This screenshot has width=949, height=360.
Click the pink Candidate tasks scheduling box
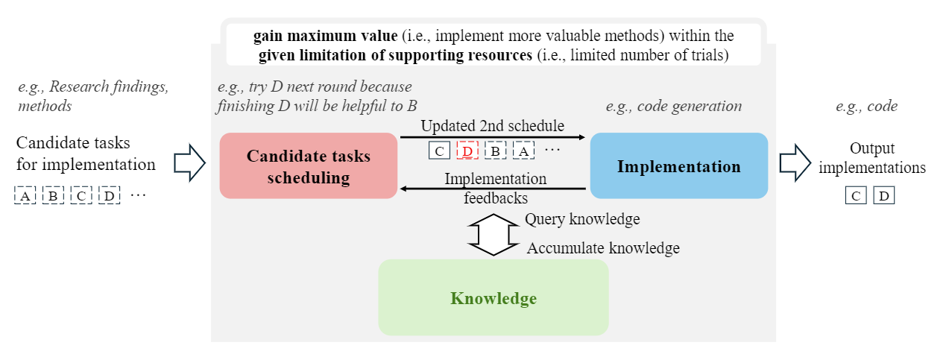pyautogui.click(x=308, y=165)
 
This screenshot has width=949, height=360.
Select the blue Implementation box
pyautogui.click(x=678, y=165)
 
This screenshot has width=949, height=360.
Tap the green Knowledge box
pyautogui.click(x=493, y=298)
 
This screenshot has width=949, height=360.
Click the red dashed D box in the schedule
pyautogui.click(x=467, y=151)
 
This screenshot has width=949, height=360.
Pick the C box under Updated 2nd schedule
pyautogui.click(x=439, y=151)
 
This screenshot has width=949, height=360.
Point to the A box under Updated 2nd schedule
pyautogui.click(x=523, y=151)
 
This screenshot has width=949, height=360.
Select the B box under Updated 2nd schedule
pyautogui.click(x=495, y=151)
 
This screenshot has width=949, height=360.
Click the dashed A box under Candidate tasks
pyautogui.click(x=25, y=196)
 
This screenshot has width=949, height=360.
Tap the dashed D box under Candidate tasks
pyautogui.click(x=110, y=196)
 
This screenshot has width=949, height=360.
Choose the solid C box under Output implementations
pyautogui.click(x=856, y=196)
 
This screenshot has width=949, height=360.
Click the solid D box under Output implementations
pyautogui.click(x=883, y=196)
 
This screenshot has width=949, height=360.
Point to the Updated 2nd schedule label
pyautogui.click(x=492, y=126)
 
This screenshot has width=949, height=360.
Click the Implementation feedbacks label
pyautogui.click(x=495, y=189)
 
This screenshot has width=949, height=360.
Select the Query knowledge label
pyautogui.click(x=582, y=219)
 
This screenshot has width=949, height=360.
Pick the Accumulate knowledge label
pyautogui.click(x=603, y=248)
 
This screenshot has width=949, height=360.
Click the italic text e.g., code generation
pyautogui.click(x=673, y=107)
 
